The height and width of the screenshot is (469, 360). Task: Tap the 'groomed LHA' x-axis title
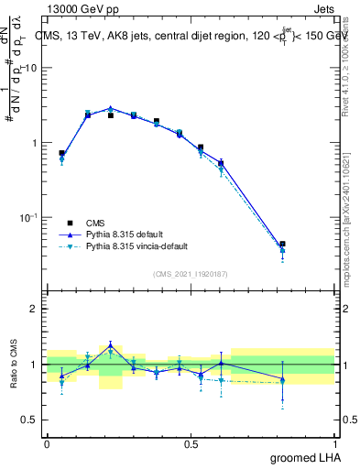point(303,458)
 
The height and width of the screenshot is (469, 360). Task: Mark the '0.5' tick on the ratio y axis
point(32,420)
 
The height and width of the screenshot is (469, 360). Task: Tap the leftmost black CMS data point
point(62,153)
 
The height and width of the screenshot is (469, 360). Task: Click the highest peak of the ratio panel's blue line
point(110,344)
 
